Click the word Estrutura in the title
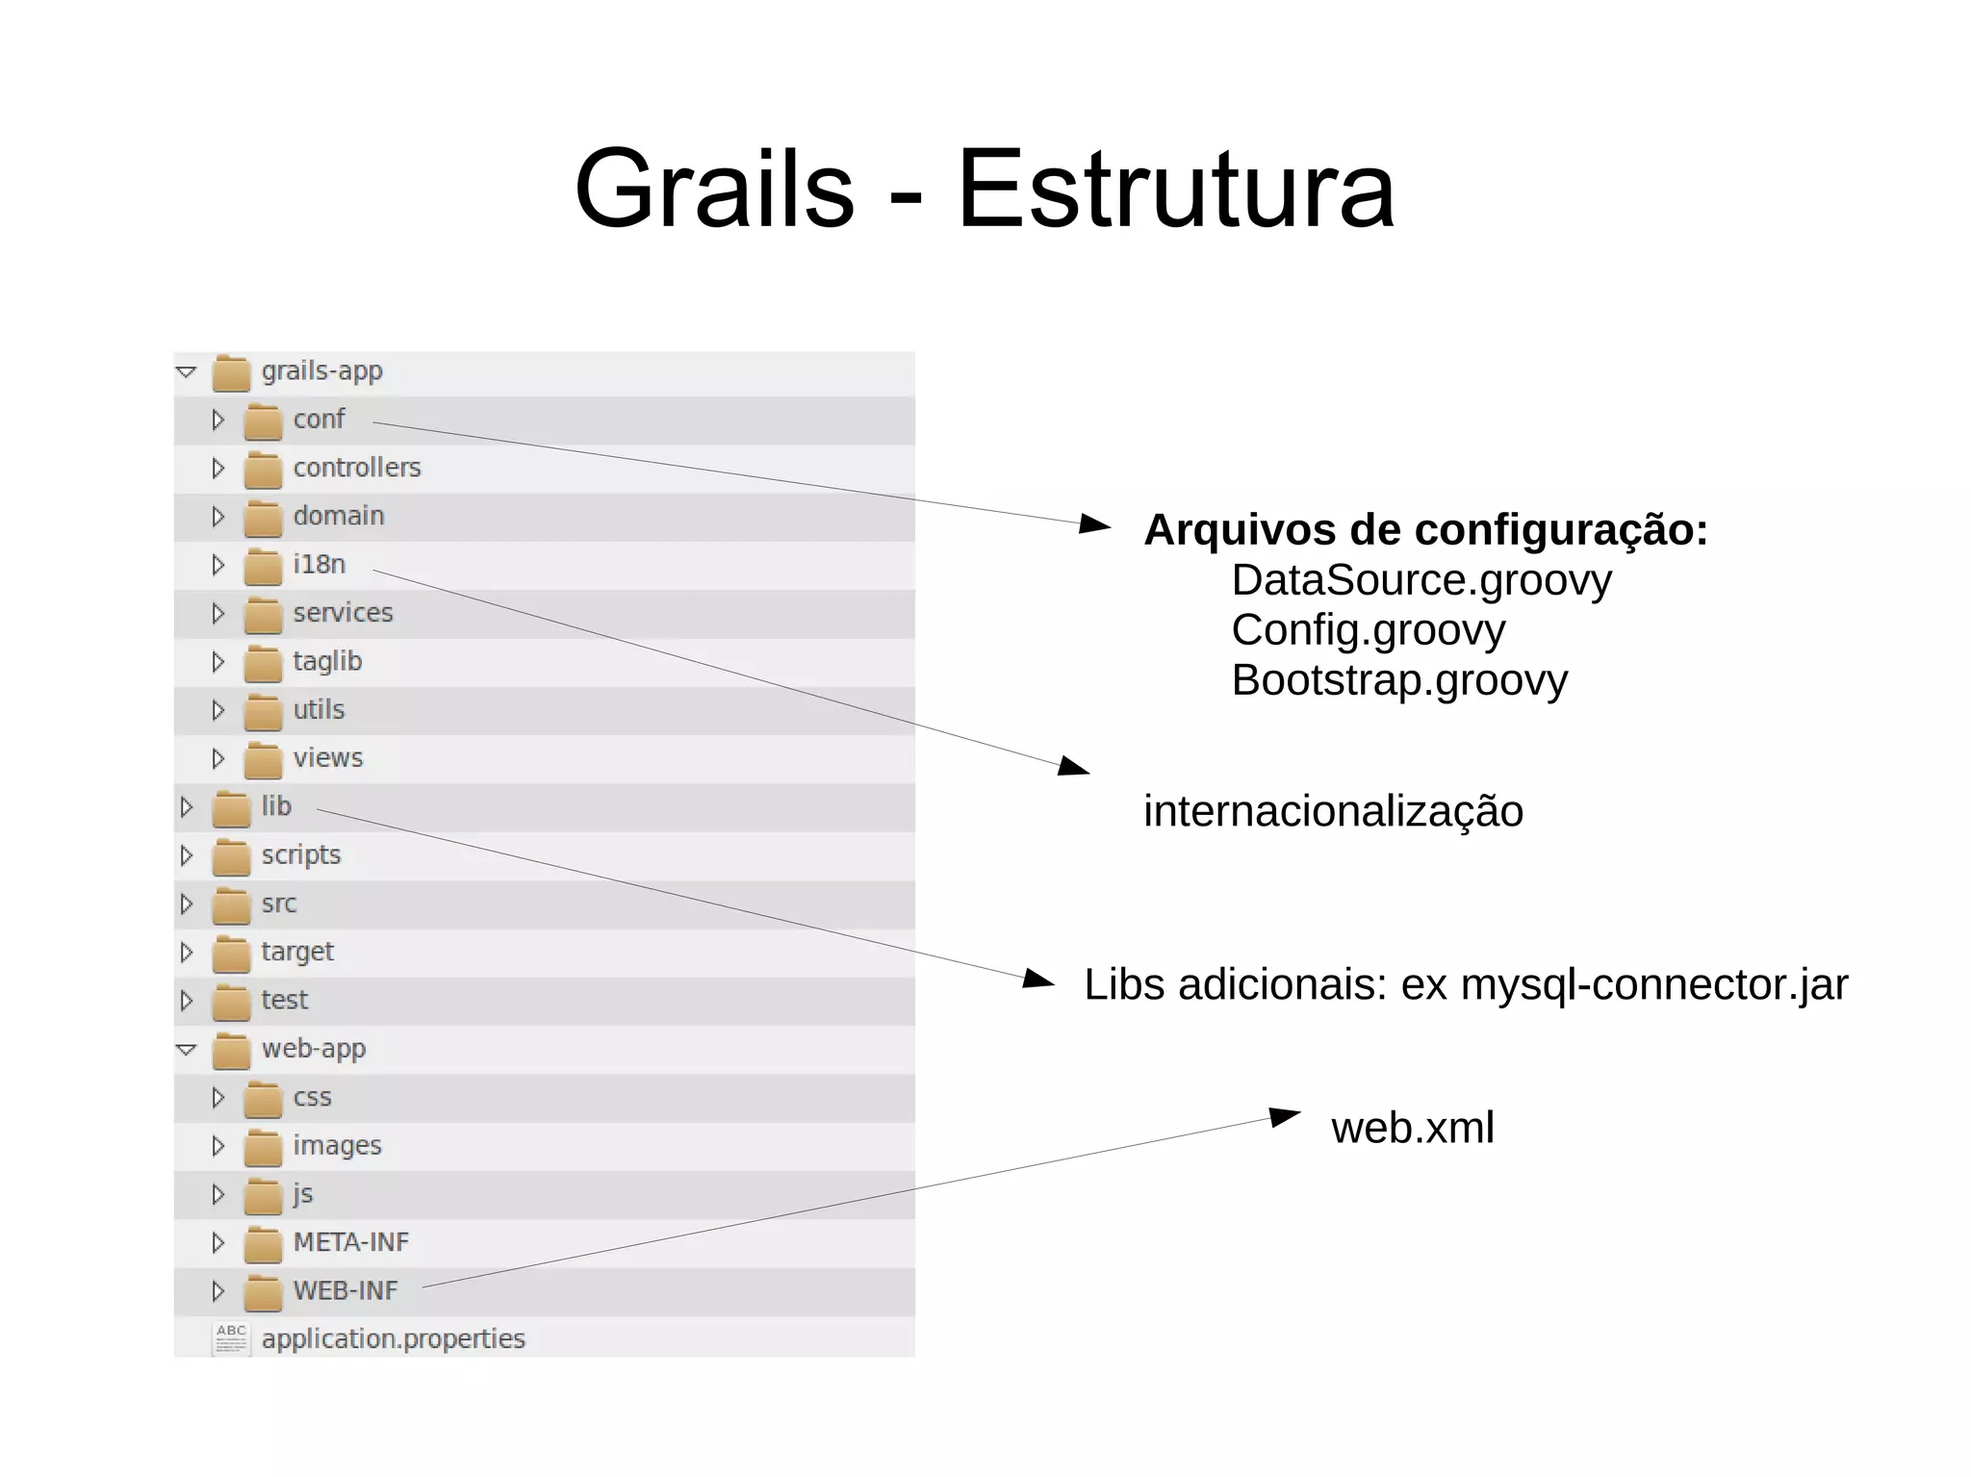[x=1175, y=189]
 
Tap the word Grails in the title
[x=714, y=189]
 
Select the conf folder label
[x=319, y=420]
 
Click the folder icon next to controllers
[x=262, y=470]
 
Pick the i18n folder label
[x=320, y=564]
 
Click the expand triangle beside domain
[x=218, y=517]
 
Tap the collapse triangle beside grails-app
[x=187, y=371]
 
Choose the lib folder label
[x=276, y=806]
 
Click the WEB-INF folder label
[x=346, y=1290]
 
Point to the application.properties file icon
[x=231, y=1338]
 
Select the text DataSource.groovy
[x=1421, y=581]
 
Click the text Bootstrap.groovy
[x=1399, y=681]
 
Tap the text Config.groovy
[x=1368, y=631]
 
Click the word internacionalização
[x=1333, y=812]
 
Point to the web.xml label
[x=1412, y=1128]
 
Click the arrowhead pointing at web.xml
[x=1286, y=1116]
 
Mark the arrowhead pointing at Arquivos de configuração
[x=1095, y=524]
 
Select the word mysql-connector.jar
[x=1653, y=985]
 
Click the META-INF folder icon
[x=262, y=1244]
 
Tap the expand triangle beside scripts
[x=187, y=855]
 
